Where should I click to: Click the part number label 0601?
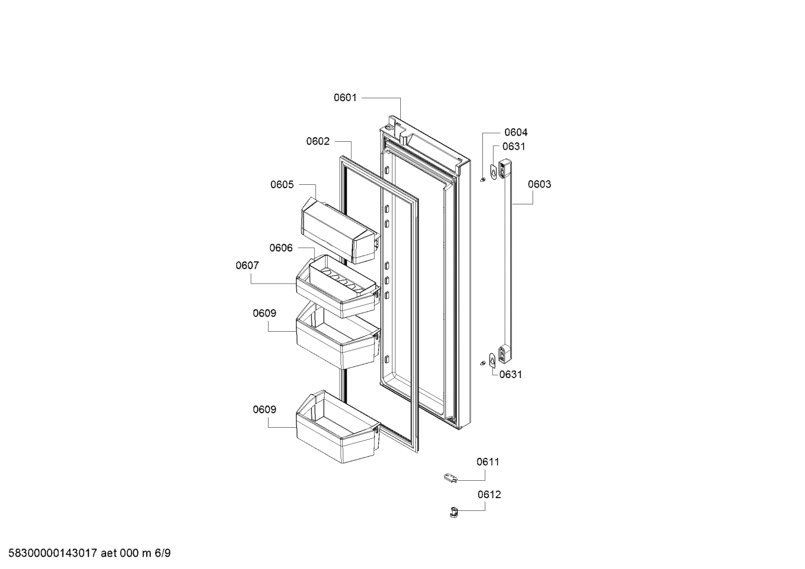click(345, 98)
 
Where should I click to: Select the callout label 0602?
click(318, 141)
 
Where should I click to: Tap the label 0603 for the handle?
click(539, 184)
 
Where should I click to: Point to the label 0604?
click(515, 132)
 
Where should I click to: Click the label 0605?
click(282, 184)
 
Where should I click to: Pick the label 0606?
click(281, 248)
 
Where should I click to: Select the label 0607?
click(247, 266)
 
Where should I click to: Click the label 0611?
click(488, 462)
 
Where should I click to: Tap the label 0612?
click(489, 494)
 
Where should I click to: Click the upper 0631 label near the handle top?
click(514, 146)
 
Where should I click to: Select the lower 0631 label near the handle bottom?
click(511, 374)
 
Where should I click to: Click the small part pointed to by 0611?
click(450, 477)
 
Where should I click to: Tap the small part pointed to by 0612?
click(453, 511)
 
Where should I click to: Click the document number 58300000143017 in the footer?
click(51, 553)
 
